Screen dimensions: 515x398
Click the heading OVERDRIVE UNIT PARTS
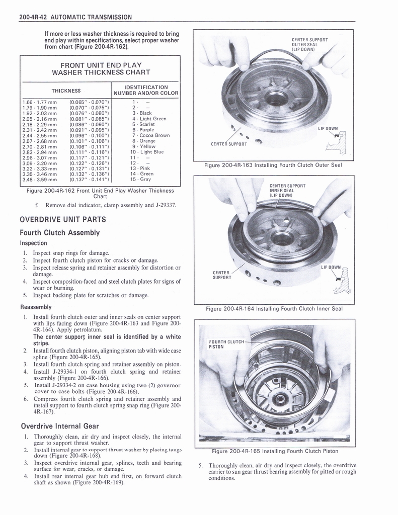pyautogui.click(x=63, y=219)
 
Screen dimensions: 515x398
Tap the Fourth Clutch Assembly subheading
pyautogui.click(x=59, y=232)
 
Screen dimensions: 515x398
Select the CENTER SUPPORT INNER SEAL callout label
pyautogui.click(x=287, y=190)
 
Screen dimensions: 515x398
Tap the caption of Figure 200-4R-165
pyautogui.click(x=275, y=451)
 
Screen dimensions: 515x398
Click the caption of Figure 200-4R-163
pyautogui.click(x=273, y=165)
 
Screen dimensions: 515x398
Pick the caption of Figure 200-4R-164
pyautogui.click(x=274, y=309)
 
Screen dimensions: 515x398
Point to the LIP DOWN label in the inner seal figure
pyautogui.click(x=331, y=267)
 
